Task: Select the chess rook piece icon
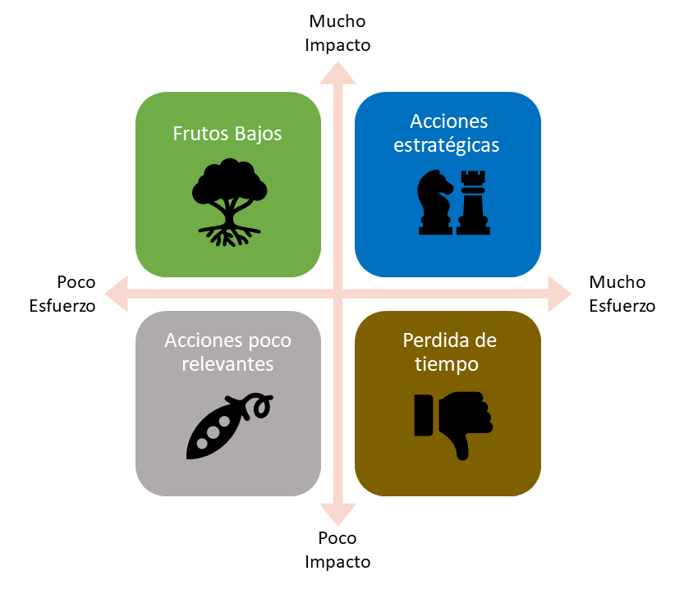[471, 202]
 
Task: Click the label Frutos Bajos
[227, 134]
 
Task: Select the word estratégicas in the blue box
[448, 145]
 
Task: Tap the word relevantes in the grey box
[227, 363]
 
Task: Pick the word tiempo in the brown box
[448, 363]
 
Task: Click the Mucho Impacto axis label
[337, 33]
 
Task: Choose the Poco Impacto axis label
[337, 550]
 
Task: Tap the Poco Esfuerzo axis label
[62, 294]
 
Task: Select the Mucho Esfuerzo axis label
[622, 294]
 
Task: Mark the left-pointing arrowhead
[117, 294]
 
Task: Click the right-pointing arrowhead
[559, 294]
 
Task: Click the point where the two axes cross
[337, 294]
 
